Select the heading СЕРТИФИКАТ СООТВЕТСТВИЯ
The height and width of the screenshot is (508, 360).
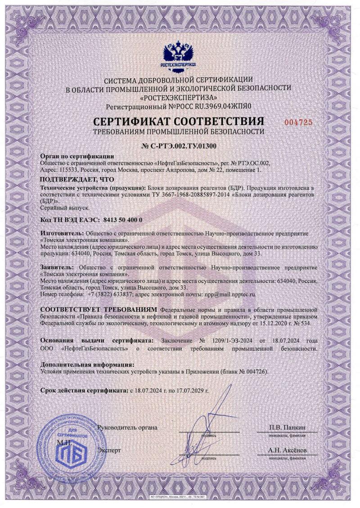tap(178, 122)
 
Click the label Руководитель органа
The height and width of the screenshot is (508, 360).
tap(127, 427)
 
